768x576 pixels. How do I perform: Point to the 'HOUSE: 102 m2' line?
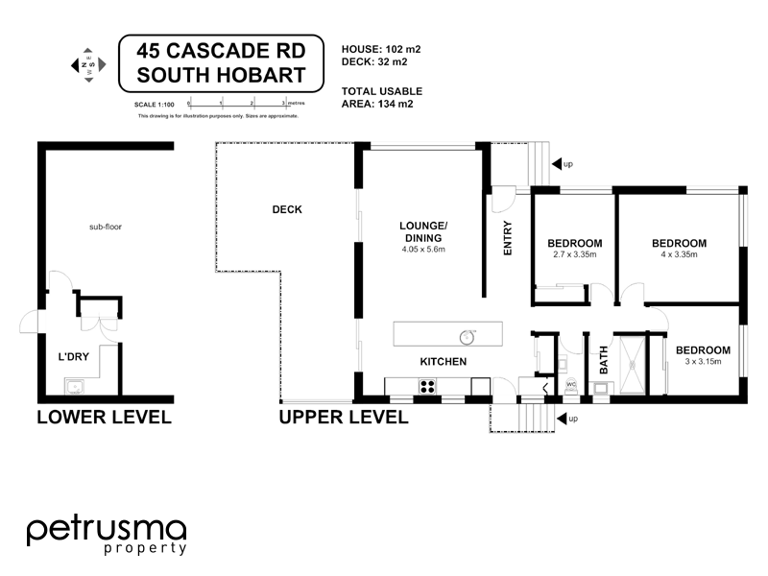[381, 47]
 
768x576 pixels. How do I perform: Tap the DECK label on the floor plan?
[286, 209]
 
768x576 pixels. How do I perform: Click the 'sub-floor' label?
[106, 228]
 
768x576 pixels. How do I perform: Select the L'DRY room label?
[74, 357]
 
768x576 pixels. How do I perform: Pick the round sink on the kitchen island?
[467, 336]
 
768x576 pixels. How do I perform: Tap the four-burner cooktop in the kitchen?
[425, 387]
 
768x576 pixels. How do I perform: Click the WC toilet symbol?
[570, 386]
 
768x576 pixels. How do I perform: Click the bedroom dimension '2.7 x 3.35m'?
[574, 255]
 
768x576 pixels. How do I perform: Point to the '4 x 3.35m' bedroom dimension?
[678, 255]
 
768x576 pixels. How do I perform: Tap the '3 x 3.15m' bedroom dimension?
[702, 362]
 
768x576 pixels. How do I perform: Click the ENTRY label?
[508, 238]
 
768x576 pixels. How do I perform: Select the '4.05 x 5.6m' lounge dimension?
[422, 250]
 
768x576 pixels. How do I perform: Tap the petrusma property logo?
[106, 535]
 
